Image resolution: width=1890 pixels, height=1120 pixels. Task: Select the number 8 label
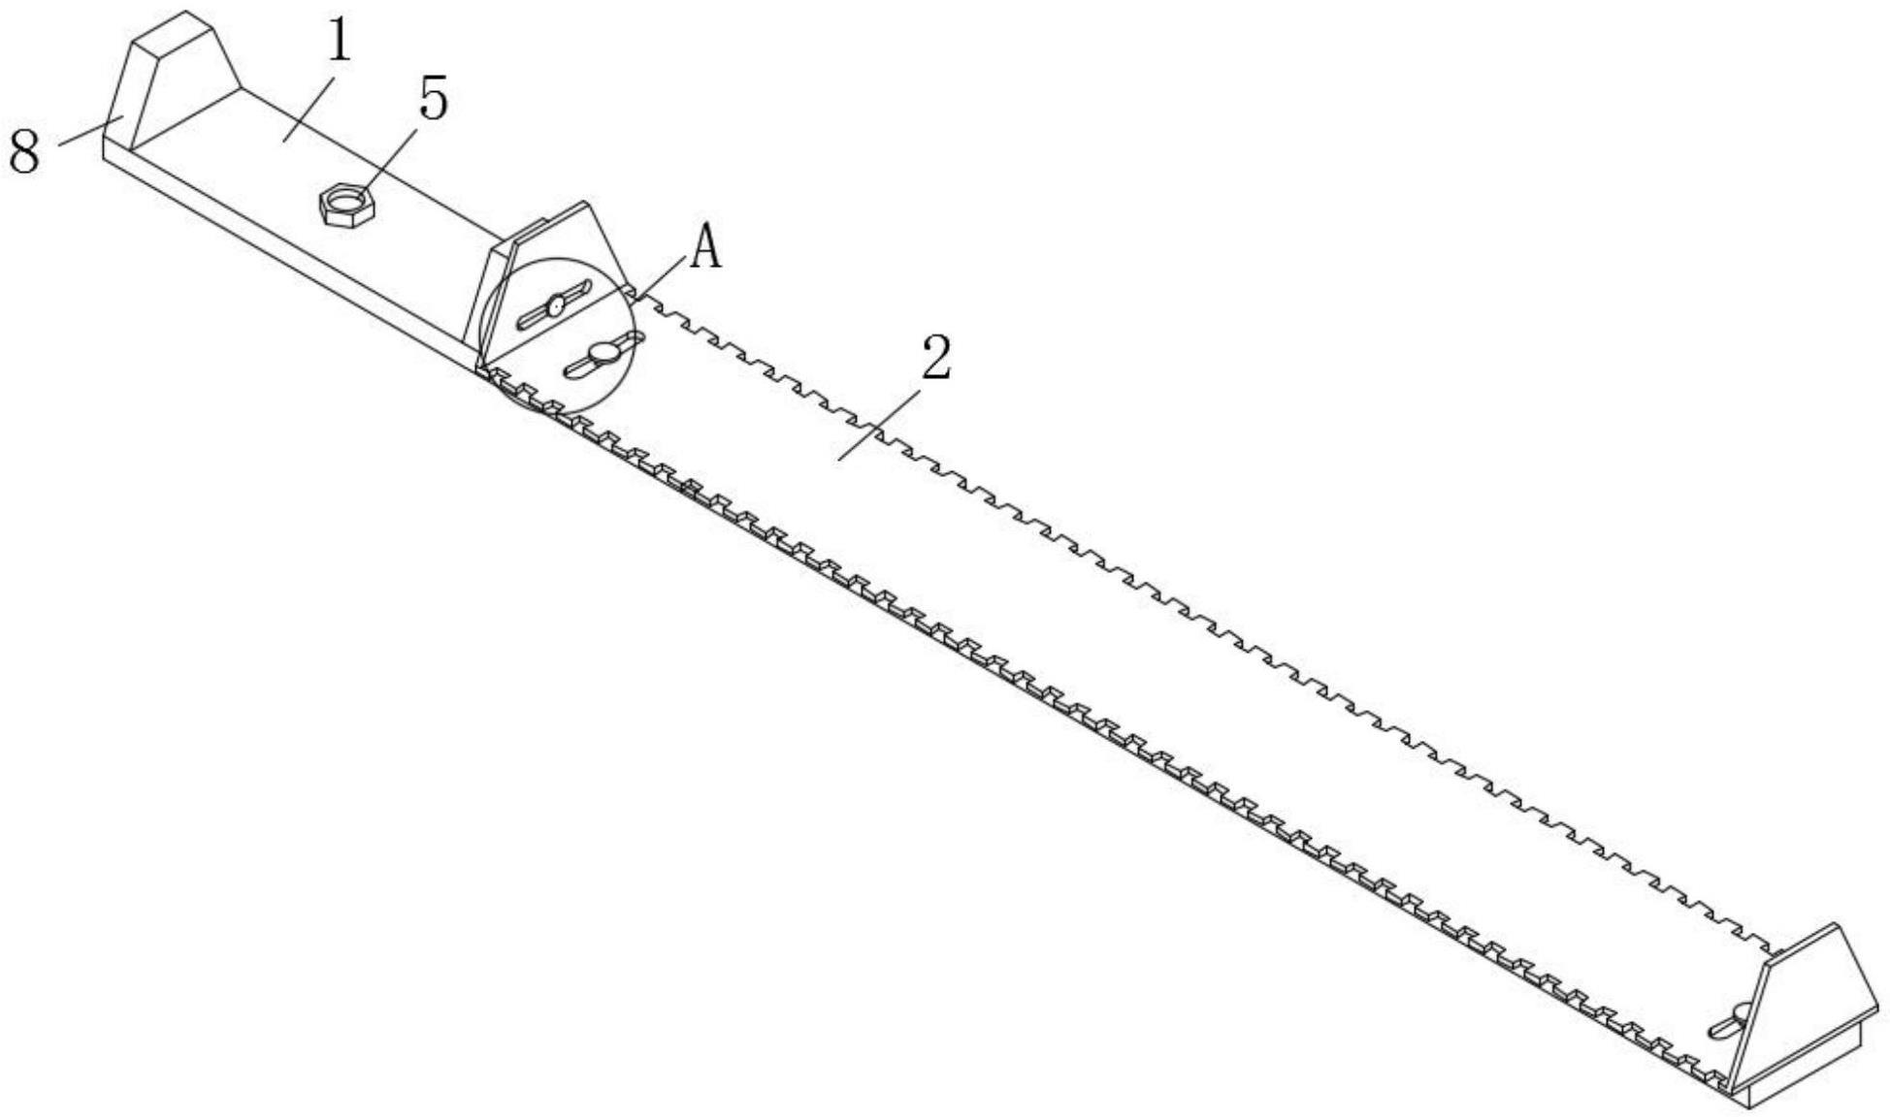pos(24,152)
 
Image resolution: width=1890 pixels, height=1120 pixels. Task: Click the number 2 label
pos(936,358)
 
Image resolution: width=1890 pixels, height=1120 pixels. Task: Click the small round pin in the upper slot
pos(555,306)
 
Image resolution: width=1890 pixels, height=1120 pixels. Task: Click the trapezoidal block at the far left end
pos(175,82)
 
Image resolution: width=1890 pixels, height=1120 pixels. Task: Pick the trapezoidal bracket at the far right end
pos(1805,1008)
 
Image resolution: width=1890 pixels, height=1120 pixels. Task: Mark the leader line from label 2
pos(878,424)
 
